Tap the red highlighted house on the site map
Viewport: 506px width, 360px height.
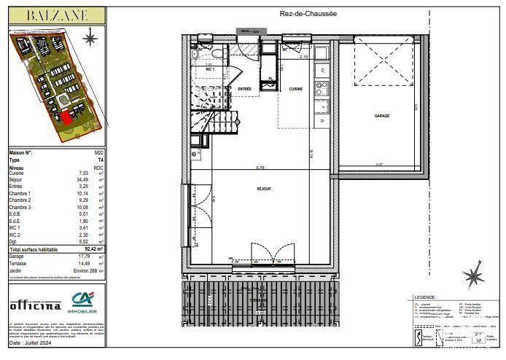click(65, 117)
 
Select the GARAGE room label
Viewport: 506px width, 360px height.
click(381, 116)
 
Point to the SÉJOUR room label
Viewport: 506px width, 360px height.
click(263, 188)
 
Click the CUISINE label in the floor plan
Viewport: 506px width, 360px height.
click(295, 89)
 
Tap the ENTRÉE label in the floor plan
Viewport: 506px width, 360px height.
click(245, 89)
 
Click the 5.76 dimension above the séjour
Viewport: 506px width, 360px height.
click(260, 168)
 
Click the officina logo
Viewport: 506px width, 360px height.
click(35, 305)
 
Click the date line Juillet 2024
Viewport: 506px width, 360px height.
click(31, 345)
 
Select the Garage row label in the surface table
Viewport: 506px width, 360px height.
click(15, 256)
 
